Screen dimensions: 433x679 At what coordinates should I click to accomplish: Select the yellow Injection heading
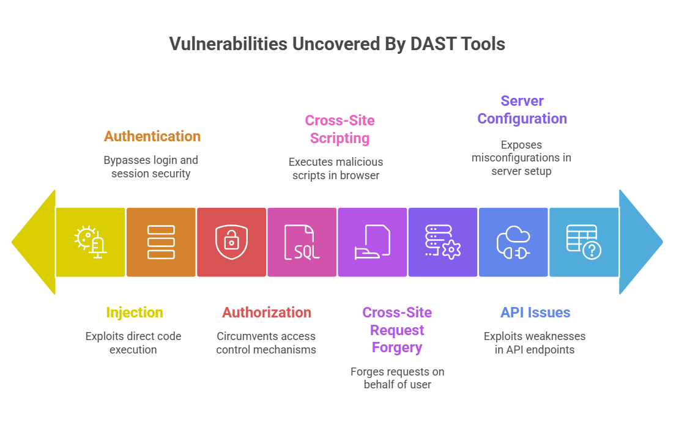click(x=135, y=313)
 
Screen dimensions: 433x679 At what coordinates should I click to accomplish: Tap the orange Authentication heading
click(x=152, y=136)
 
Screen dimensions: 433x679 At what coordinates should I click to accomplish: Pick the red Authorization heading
click(x=267, y=313)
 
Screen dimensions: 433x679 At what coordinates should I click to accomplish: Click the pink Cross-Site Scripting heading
click(x=339, y=129)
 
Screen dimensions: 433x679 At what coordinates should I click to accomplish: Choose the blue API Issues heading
click(x=535, y=313)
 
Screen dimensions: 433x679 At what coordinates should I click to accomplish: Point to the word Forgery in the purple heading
click(x=397, y=347)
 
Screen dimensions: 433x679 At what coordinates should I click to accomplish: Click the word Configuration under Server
click(x=522, y=119)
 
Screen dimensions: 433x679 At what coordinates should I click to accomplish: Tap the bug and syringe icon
click(x=91, y=242)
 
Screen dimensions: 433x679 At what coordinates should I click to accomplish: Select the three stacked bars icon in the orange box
click(x=161, y=242)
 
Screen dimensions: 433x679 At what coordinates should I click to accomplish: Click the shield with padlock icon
click(x=231, y=242)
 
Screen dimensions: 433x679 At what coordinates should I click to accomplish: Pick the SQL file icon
click(x=302, y=242)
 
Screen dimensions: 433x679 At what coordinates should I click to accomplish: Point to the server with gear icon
click(x=442, y=242)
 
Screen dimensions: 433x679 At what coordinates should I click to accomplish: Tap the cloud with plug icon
click(x=513, y=242)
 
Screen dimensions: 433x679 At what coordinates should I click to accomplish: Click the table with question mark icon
click(x=584, y=242)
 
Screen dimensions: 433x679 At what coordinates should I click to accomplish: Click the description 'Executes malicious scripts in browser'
click(x=336, y=169)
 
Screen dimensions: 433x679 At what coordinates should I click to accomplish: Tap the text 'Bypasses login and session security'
click(x=150, y=167)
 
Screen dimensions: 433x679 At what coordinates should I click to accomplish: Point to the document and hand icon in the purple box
click(x=372, y=242)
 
